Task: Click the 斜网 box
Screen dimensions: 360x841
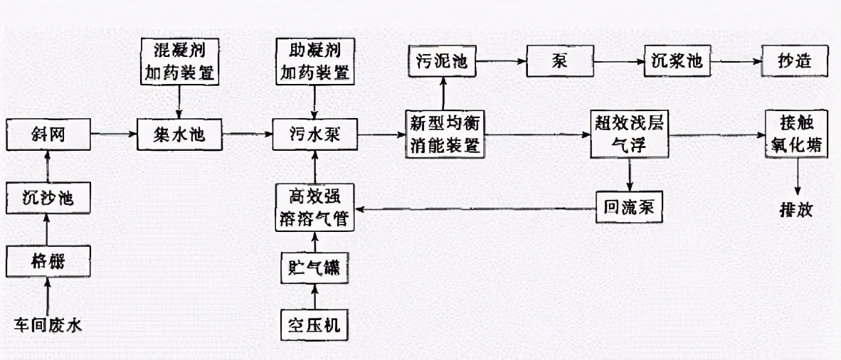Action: tap(48, 134)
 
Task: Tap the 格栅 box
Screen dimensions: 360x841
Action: tap(48, 263)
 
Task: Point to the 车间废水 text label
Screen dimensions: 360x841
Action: tap(48, 326)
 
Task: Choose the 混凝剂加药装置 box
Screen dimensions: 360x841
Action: tap(179, 62)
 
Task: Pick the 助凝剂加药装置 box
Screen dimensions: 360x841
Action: tap(312, 62)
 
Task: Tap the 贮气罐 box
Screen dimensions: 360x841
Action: tap(312, 269)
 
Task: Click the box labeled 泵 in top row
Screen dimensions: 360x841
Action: tap(559, 62)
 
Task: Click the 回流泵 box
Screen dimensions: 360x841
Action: tap(629, 207)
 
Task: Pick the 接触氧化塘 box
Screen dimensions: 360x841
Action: tap(796, 134)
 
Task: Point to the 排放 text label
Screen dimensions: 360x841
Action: tap(796, 211)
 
